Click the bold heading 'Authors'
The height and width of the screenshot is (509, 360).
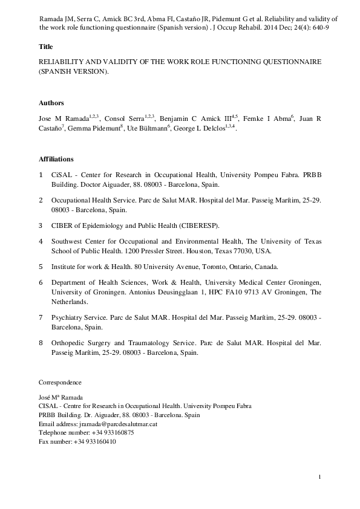tap(51, 103)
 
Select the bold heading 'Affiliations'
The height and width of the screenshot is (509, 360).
tap(56, 159)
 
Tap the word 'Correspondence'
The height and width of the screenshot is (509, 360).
tap(60, 383)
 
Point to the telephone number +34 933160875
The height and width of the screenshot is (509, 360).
tap(103, 433)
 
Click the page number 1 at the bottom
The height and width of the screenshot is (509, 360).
tap(319, 479)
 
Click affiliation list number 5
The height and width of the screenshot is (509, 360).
tap(41, 266)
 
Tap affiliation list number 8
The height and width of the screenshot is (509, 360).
tap(41, 343)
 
